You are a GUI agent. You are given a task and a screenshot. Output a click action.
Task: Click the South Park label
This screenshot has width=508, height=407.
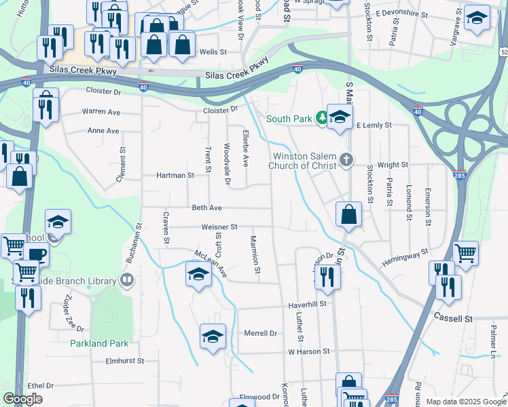pyautogui.click(x=288, y=119)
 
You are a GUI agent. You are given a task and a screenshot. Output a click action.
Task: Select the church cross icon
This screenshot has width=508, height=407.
pyautogui.click(x=347, y=160)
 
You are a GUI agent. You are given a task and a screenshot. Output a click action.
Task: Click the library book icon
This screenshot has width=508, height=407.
pyautogui.click(x=126, y=279)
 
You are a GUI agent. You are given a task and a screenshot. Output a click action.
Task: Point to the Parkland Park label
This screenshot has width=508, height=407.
pyautogui.click(x=99, y=343)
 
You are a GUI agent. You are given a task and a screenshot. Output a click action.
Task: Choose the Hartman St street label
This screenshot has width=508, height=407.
pyautogui.click(x=175, y=175)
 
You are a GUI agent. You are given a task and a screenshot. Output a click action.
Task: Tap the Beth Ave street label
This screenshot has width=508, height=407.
pyautogui.click(x=207, y=208)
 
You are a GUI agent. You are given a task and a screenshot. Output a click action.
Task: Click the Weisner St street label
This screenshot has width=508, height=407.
pyautogui.click(x=219, y=227)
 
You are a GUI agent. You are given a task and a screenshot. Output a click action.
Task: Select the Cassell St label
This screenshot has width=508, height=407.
pyautogui.click(x=454, y=318)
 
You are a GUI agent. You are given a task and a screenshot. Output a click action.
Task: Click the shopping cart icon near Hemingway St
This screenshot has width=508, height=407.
pyautogui.click(x=465, y=254)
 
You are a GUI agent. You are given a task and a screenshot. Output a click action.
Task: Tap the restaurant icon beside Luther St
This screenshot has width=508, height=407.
pyautogui.click(x=327, y=276)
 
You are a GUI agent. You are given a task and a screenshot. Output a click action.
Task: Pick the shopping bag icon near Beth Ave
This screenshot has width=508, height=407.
pyautogui.click(x=348, y=214)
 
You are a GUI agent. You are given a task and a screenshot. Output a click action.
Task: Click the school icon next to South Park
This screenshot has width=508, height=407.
pyautogui.click(x=340, y=115)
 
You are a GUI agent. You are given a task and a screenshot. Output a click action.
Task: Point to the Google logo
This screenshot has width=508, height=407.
pyautogui.click(x=22, y=399)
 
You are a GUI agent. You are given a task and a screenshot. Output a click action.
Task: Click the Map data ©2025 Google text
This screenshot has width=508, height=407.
pyautogui.click(x=465, y=402)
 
